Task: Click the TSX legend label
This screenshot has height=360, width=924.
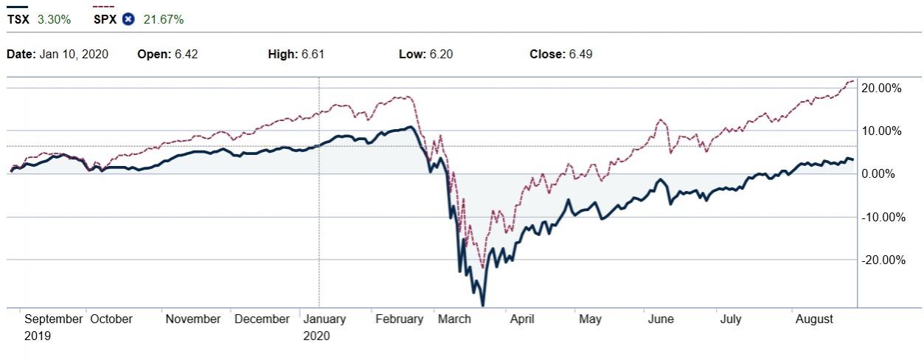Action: pyautogui.click(x=18, y=19)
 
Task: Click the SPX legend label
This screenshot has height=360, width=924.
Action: pyautogui.click(x=105, y=19)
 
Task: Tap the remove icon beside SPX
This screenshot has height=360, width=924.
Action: pyautogui.click(x=128, y=19)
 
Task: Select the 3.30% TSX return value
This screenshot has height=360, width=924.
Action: pyautogui.click(x=54, y=19)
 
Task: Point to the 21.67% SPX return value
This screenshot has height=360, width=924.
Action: pyautogui.click(x=163, y=19)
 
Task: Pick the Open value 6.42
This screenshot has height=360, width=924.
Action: pyautogui.click(x=186, y=54)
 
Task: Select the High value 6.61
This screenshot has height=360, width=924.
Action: pyautogui.click(x=313, y=54)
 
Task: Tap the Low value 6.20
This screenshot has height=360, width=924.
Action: pyautogui.click(x=441, y=54)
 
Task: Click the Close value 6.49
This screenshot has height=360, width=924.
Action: pyautogui.click(x=580, y=54)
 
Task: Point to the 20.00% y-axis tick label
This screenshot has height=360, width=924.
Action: pyautogui.click(x=883, y=88)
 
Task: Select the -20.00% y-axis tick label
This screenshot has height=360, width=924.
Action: pyautogui.click(x=881, y=260)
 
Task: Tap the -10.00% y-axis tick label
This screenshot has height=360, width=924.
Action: pyautogui.click(x=881, y=217)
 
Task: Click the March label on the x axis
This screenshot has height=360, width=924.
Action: pyautogui.click(x=454, y=319)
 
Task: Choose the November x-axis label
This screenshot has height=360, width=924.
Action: pyautogui.click(x=193, y=319)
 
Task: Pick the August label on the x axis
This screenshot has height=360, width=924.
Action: pyautogui.click(x=814, y=319)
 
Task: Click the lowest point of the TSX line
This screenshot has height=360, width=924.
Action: pyautogui.click(x=483, y=305)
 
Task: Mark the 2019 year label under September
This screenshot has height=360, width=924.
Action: pyautogui.click(x=37, y=336)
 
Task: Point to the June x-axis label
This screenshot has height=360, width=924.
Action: pyautogui.click(x=661, y=319)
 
